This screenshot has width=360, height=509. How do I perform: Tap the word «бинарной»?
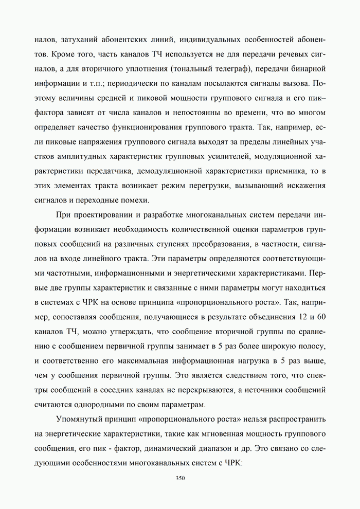point(307,68)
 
